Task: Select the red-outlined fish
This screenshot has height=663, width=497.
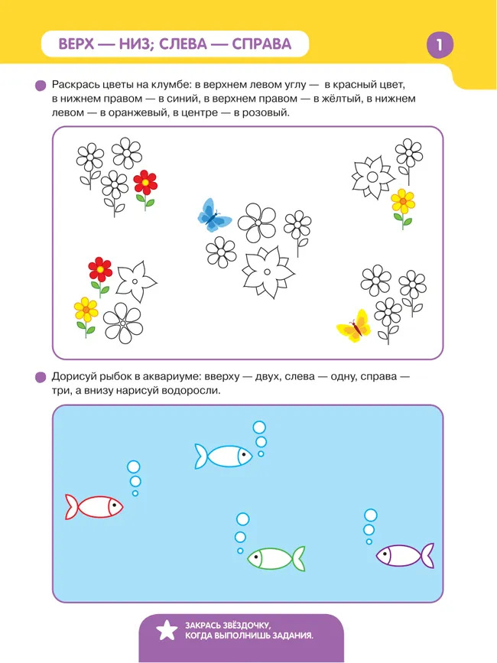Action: [94, 506]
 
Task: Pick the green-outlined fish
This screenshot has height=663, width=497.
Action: [275, 558]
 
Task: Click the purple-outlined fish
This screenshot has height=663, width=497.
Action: [404, 555]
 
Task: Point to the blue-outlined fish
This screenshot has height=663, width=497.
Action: [223, 456]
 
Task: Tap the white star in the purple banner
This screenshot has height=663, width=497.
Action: [165, 630]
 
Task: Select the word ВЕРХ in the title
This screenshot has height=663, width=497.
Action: [83, 44]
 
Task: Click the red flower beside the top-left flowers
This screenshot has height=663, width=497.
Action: [145, 182]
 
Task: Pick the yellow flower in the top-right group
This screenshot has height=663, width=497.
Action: [402, 202]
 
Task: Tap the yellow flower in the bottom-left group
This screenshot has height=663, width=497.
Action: [86, 309]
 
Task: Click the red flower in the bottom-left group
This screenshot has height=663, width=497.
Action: [100, 268]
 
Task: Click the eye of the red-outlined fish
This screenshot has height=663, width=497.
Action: [113, 505]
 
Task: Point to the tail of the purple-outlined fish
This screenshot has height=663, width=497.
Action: [427, 555]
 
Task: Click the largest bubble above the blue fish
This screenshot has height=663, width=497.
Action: [259, 427]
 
